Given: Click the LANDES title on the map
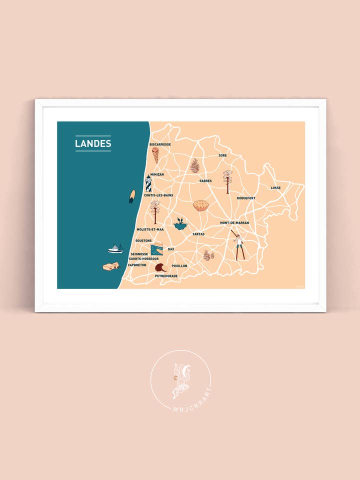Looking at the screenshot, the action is tap(93, 143).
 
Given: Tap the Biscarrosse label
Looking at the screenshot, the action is tap(160, 144).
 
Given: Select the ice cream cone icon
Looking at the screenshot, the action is tap(155, 154).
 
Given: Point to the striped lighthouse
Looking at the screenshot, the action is tap(148, 184).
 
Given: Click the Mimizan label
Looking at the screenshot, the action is tap(157, 174).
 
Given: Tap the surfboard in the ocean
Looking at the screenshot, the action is tap(132, 196).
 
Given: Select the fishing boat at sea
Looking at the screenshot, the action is tap(115, 248).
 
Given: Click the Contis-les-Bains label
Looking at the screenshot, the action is tap(158, 195).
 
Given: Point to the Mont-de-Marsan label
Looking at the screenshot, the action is tap(234, 223).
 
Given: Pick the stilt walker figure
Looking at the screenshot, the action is tap(239, 246).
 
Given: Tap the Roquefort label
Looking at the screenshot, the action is tap(246, 198).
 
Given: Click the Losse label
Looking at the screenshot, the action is tap(275, 188).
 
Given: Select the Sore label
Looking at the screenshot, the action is tap(222, 155).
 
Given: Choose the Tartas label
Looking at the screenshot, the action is tap(198, 233).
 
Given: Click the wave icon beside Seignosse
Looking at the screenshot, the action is tap(157, 249).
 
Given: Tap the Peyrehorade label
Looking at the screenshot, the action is tap(166, 275).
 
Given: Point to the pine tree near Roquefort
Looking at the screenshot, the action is tap(228, 181).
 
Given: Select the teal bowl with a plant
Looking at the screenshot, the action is tap(180, 224).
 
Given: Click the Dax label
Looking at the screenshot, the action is tap(171, 248).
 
